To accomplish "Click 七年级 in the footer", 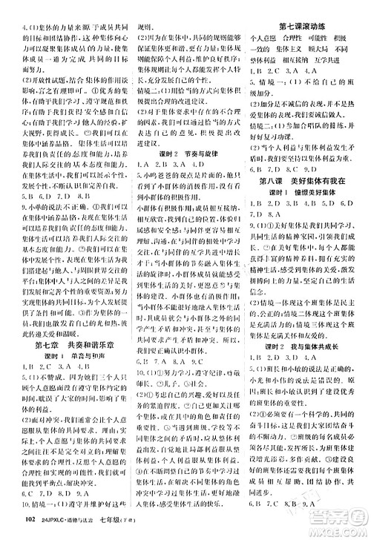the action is pyautogui.click(x=111, y=526).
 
